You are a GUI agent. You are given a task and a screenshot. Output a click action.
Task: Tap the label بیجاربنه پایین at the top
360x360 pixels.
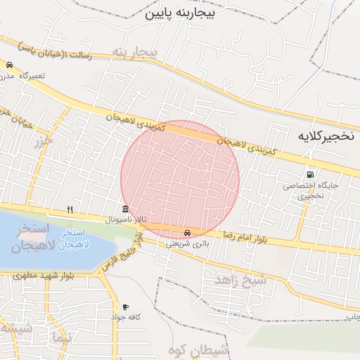(x=179, y=13)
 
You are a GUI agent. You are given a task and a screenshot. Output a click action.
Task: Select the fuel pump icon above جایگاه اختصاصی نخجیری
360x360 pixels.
(x=310, y=174)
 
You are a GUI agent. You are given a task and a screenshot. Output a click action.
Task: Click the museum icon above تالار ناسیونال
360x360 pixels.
(x=125, y=208)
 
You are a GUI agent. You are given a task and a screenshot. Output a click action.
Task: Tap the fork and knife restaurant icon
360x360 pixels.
(x=69, y=209)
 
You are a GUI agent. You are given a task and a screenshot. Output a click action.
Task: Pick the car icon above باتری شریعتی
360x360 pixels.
(x=186, y=233)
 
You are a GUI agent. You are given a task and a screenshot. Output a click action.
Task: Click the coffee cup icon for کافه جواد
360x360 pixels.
(x=125, y=307)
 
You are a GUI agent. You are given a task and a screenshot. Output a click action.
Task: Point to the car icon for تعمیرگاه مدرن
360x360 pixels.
(x=9, y=65)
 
